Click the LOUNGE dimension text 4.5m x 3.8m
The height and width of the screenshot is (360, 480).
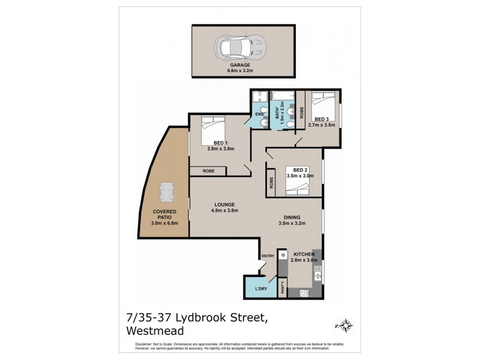click(226, 211)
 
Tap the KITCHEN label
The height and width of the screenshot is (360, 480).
click(304, 254)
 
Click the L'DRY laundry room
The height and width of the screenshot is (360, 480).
click(261, 289)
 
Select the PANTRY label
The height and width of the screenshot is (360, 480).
click(282, 287)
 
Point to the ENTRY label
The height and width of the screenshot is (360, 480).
click(268, 257)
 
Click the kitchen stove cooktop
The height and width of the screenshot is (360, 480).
click(305, 293)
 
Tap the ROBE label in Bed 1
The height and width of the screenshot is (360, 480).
click(208, 171)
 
